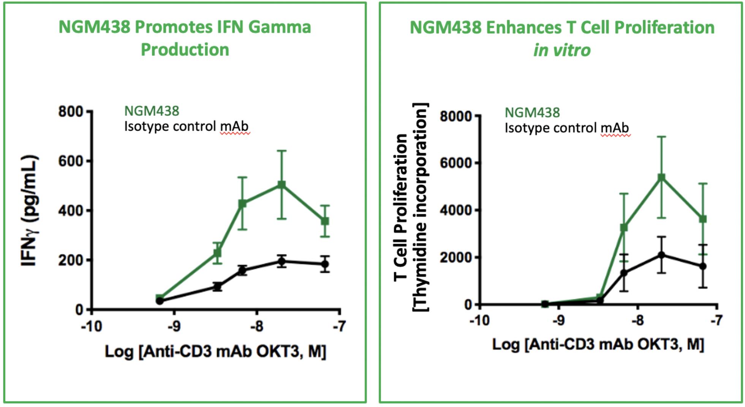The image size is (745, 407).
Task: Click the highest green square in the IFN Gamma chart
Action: pos(282,185)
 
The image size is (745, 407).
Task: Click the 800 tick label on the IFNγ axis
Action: pos(70,112)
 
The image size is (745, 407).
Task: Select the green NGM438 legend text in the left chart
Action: pos(152,111)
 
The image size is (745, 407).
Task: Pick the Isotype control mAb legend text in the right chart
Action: pos(566,128)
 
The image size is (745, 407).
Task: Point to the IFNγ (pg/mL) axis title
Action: pos(30,211)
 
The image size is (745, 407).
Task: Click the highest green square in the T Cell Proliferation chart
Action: pos(661,177)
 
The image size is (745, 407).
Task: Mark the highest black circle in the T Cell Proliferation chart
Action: pos(661,255)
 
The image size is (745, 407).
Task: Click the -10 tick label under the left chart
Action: pos(92,326)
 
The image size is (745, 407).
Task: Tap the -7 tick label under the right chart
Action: pos(716,321)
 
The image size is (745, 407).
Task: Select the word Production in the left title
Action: pos(185,50)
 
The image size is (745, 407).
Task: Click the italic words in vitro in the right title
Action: pos(562,50)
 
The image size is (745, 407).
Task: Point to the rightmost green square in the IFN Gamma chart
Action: pos(325,221)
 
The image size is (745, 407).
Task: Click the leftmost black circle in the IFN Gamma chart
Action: pos(160,301)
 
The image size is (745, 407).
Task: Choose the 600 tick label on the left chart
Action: pos(70,161)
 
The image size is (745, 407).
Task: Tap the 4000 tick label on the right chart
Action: pos(456,210)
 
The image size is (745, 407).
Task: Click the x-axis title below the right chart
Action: pos(598,344)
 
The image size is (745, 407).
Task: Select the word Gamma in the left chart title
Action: pos(280,27)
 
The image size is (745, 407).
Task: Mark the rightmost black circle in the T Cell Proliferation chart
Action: pos(702,266)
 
